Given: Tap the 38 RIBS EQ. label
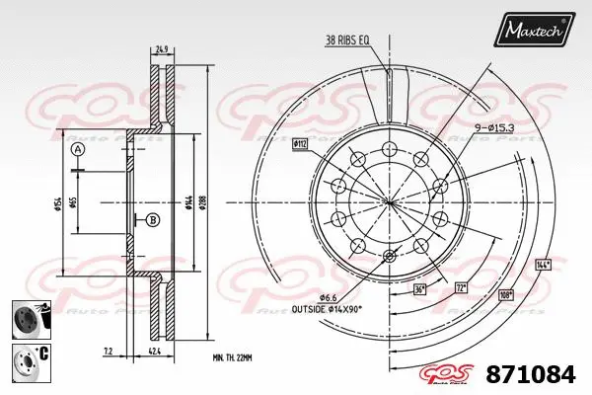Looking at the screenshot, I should click(x=346, y=39).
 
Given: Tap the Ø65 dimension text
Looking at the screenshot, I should click(x=78, y=204).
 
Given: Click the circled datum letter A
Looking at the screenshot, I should click(x=79, y=150).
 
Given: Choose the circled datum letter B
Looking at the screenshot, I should click(x=152, y=219).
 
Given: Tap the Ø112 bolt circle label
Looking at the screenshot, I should click(x=300, y=144).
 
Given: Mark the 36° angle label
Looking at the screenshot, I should click(x=420, y=289).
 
